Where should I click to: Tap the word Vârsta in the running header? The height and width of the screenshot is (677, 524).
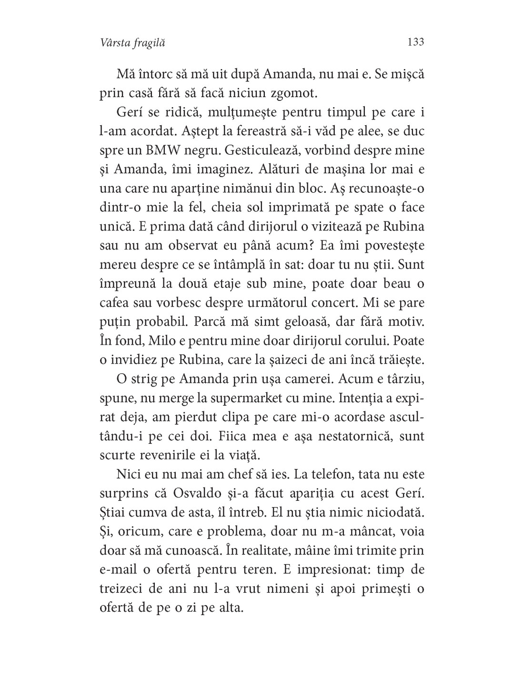114,43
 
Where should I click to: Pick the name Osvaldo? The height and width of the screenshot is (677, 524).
222,494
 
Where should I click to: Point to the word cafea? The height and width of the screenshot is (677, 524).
117,303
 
